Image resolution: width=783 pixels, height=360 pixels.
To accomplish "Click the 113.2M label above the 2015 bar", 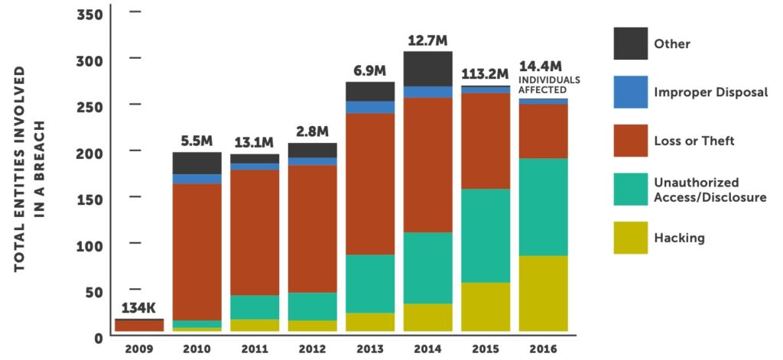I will click(x=486, y=74).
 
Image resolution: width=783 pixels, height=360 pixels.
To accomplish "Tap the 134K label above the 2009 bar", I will click(x=138, y=309).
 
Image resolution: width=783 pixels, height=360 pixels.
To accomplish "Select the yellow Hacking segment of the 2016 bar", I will click(x=544, y=294).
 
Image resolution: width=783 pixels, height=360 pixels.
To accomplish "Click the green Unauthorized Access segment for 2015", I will click(x=486, y=235).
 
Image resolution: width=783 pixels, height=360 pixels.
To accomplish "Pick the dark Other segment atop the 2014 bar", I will click(x=428, y=69).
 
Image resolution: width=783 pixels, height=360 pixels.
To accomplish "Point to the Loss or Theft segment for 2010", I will click(x=197, y=251).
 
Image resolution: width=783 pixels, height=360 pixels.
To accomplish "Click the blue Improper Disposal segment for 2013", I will click(x=370, y=107).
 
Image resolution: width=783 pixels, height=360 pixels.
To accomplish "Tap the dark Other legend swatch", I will click(x=631, y=44).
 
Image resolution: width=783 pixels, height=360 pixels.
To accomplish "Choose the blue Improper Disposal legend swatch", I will click(x=631, y=92).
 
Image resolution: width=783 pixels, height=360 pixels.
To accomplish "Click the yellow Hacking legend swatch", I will click(x=631, y=238).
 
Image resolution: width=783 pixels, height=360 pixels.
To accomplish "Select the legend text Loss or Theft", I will click(x=694, y=141).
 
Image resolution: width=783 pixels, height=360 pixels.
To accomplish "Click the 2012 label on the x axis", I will click(x=312, y=349).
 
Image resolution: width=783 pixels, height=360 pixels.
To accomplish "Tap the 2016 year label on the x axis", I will click(x=544, y=349).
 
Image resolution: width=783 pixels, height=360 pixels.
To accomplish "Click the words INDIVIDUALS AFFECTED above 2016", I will click(x=549, y=84).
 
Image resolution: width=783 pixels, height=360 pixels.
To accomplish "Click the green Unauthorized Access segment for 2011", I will click(x=255, y=307).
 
